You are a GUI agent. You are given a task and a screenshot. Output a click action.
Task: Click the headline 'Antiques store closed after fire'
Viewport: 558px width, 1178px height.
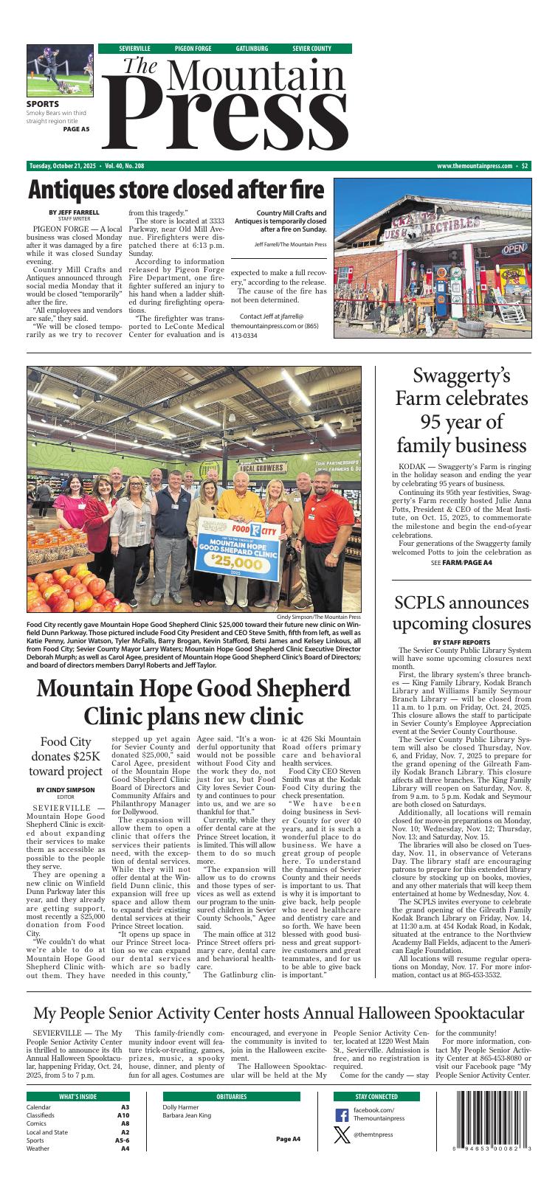(x=176, y=190)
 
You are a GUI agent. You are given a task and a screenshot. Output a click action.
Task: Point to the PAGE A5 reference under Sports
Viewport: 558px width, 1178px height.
(x=76, y=129)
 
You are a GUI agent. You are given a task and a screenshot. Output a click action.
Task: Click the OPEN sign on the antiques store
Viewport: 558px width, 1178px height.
(x=515, y=249)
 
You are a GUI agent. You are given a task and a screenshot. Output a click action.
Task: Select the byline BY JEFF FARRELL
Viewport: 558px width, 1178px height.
(x=74, y=212)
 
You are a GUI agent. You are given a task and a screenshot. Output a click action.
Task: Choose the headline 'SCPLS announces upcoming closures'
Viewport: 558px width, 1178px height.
(x=461, y=613)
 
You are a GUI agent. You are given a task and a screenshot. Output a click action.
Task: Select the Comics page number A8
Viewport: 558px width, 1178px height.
(x=125, y=1123)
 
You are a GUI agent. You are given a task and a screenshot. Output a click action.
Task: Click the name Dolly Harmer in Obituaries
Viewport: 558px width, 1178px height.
(x=181, y=1107)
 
